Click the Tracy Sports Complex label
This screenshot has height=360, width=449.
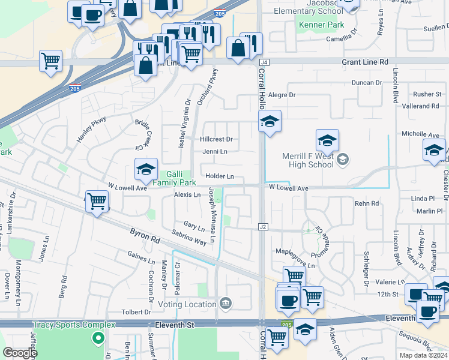tap(74, 325)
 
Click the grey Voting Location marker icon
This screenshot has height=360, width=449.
tap(226, 302)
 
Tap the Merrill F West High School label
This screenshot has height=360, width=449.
tap(308, 160)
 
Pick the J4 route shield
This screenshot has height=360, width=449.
tap(264, 62)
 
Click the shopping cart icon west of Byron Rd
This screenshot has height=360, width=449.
tap(97, 202)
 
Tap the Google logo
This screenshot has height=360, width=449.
tap(20, 353)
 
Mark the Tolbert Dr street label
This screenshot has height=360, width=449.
tap(135, 312)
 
